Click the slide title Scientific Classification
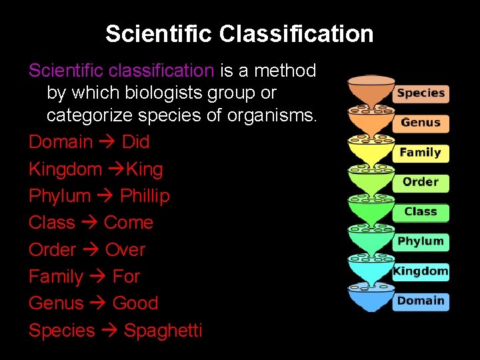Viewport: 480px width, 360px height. coord(239,34)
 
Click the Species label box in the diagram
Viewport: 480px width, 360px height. coord(421,93)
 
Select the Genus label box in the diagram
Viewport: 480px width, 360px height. coord(421,123)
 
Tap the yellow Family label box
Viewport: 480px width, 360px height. coord(421,153)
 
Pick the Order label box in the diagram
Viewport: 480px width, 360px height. coord(421,182)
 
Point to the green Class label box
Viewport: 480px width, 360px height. coord(421,212)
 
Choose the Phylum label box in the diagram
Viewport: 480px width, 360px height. coord(421,241)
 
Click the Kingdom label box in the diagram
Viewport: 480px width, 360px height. coord(421,271)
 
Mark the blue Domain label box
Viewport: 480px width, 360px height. coord(421,301)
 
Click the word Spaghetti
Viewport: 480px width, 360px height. coord(163,331)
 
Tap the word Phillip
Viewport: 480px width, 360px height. coord(145,196)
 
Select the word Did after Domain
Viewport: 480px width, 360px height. coord(135,142)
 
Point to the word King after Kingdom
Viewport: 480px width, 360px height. coord(144,169)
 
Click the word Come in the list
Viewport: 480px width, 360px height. coord(129,223)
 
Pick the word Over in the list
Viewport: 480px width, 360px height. coord(125,250)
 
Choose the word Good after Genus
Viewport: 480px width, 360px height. coord(135,303)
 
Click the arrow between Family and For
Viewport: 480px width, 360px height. coord(97,277)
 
